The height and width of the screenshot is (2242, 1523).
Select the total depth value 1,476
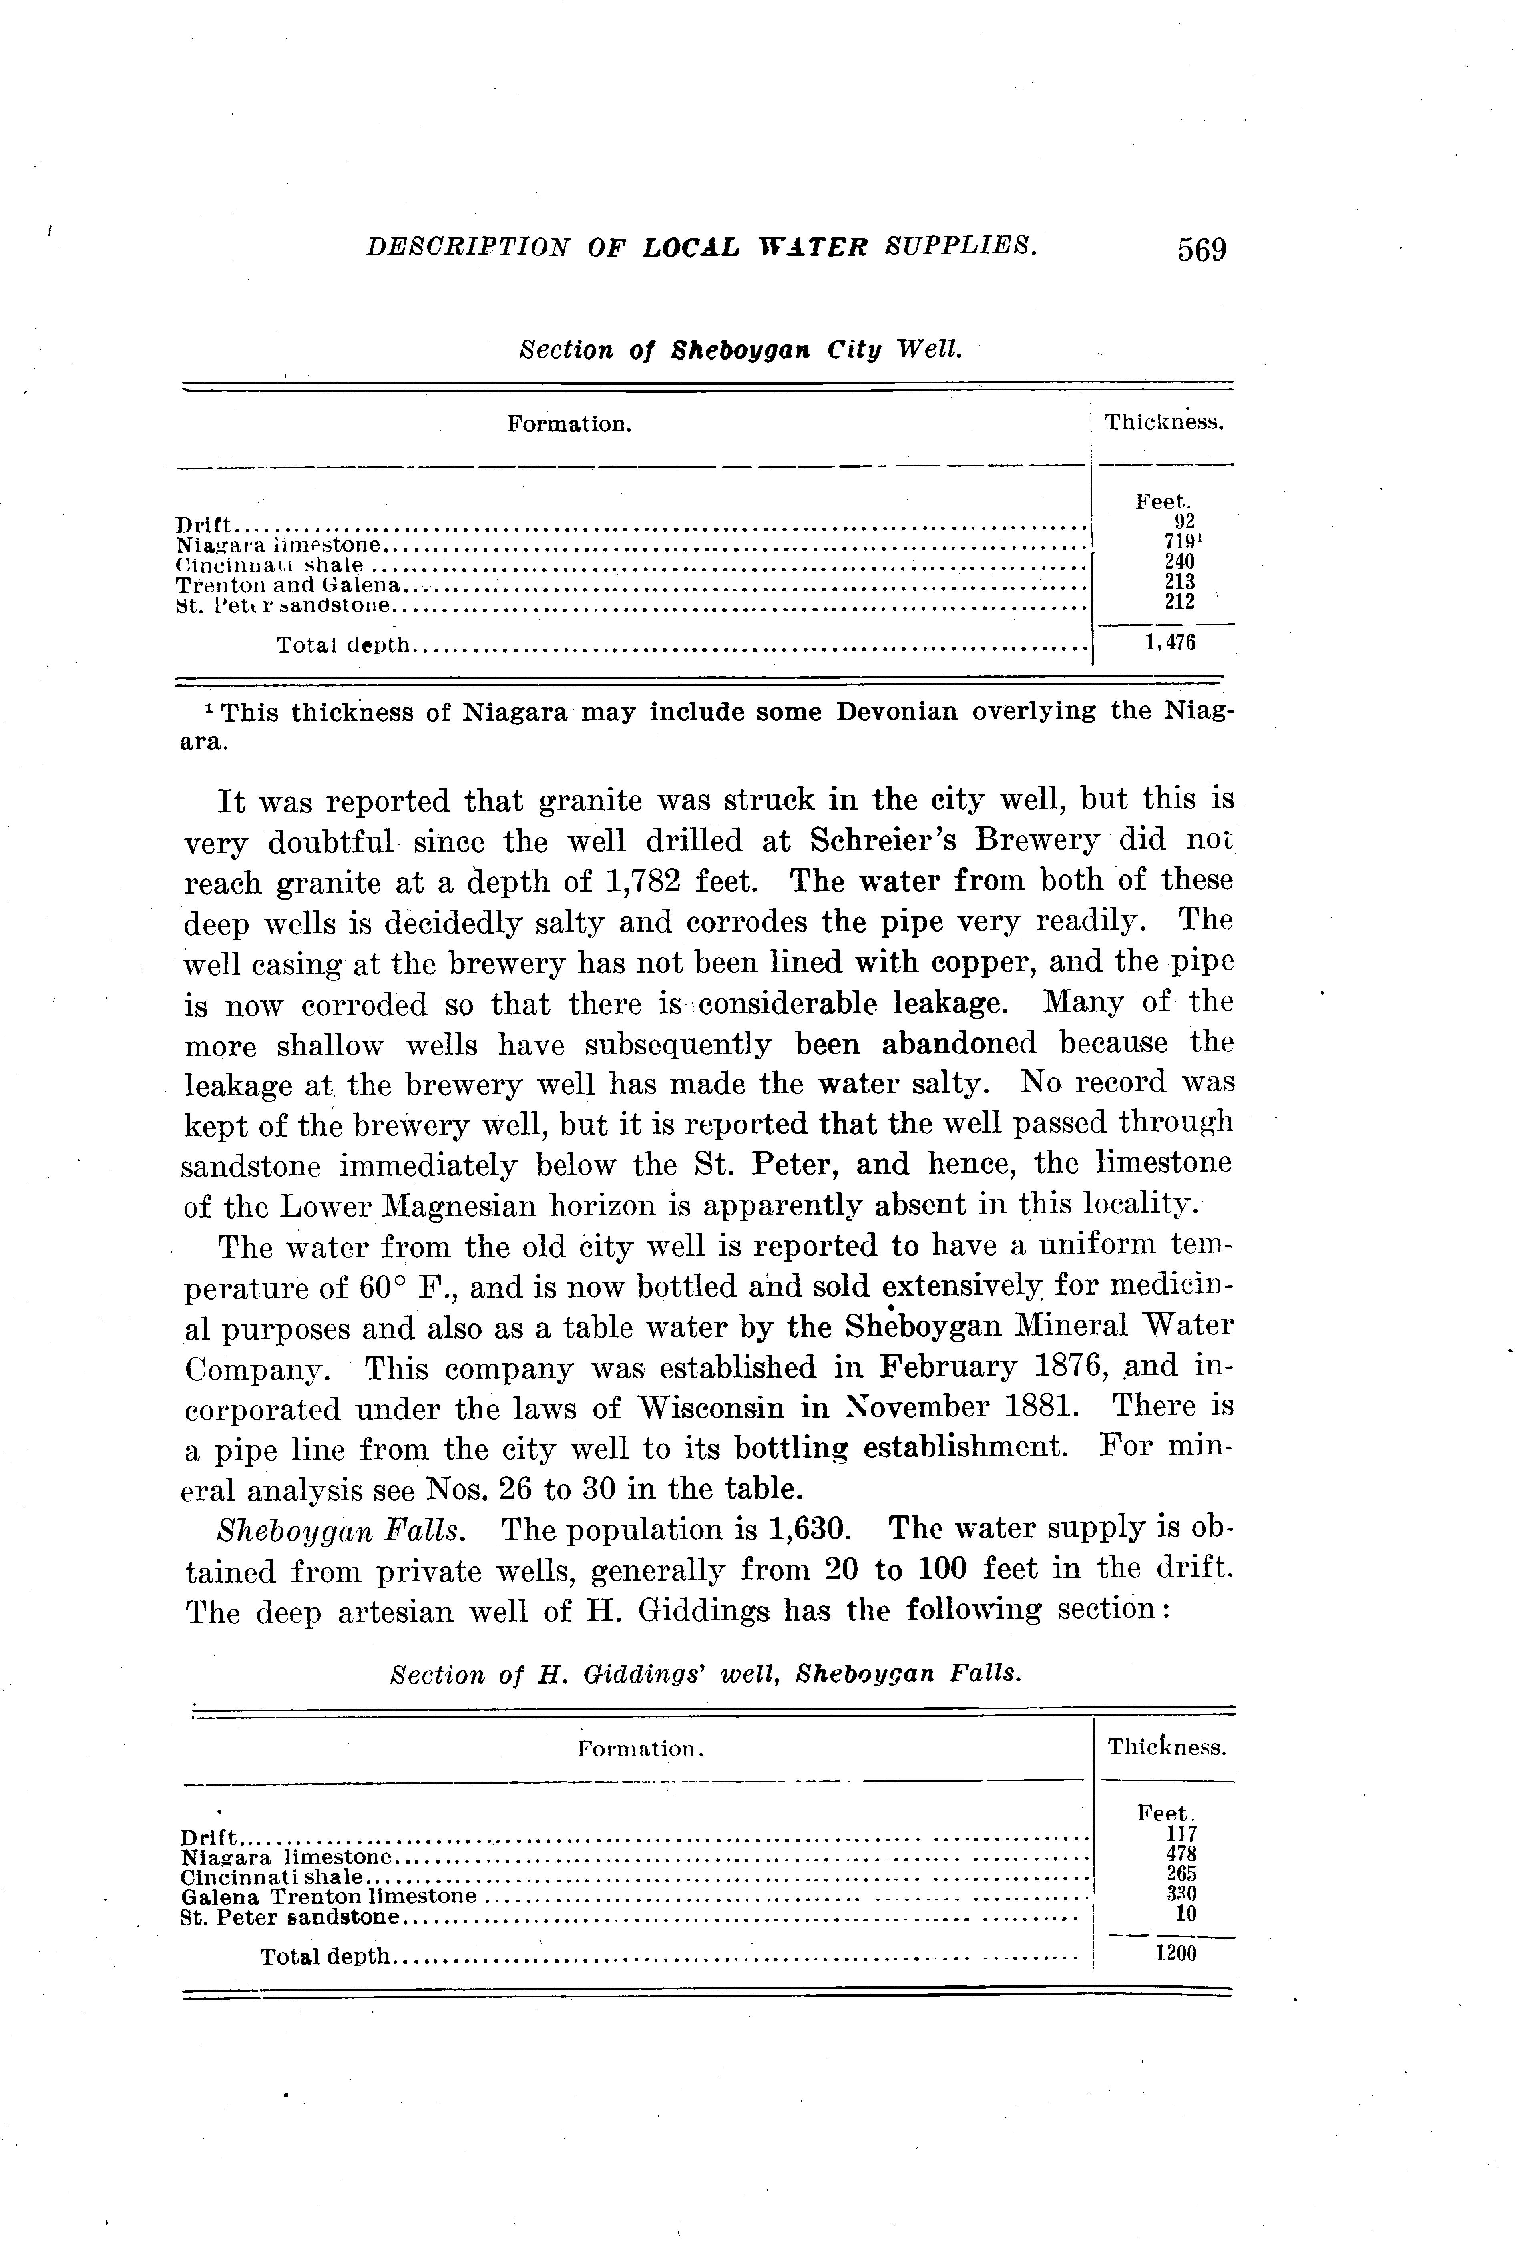tap(1170, 643)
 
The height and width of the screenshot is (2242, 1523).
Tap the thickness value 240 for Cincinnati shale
tap(1179, 561)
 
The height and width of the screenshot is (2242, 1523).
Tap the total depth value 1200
tap(1175, 1954)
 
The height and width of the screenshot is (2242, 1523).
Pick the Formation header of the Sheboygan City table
tap(569, 424)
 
